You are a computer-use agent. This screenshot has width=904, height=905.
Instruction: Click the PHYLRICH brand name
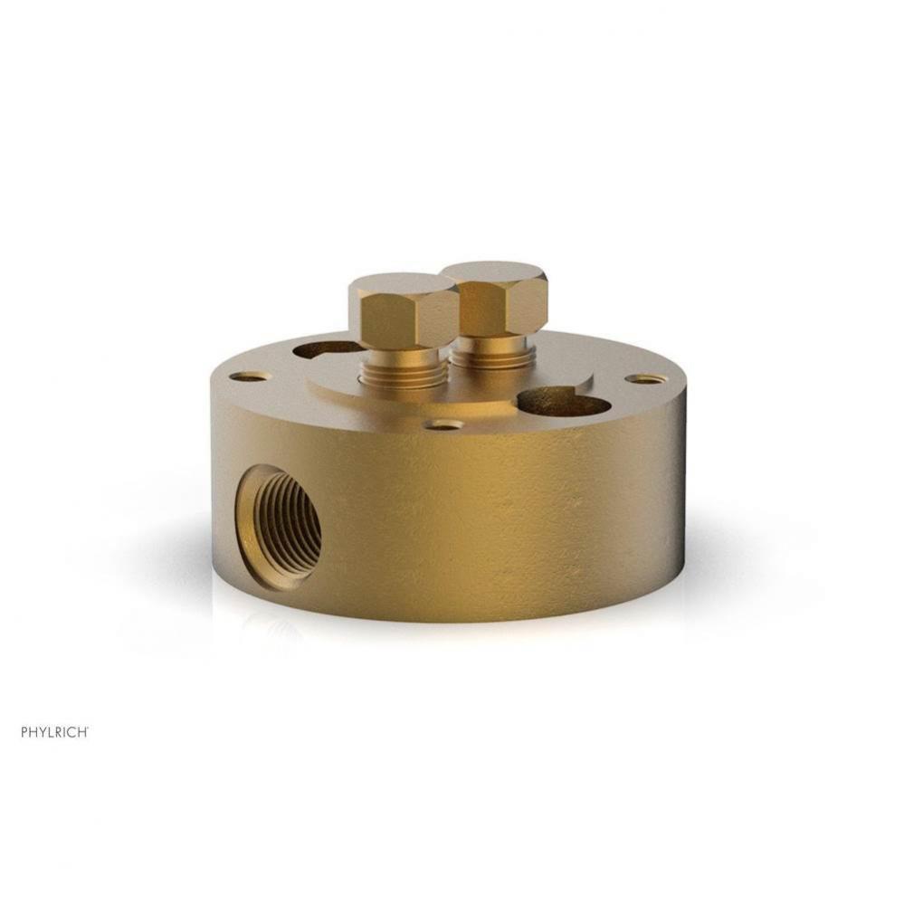(x=53, y=732)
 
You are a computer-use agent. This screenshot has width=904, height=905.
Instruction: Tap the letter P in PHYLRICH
(x=24, y=732)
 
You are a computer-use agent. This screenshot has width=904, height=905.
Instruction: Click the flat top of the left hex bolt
(x=404, y=287)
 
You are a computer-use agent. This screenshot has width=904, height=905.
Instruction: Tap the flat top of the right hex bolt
(x=495, y=273)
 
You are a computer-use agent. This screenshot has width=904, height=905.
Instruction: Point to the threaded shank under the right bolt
(x=490, y=354)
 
